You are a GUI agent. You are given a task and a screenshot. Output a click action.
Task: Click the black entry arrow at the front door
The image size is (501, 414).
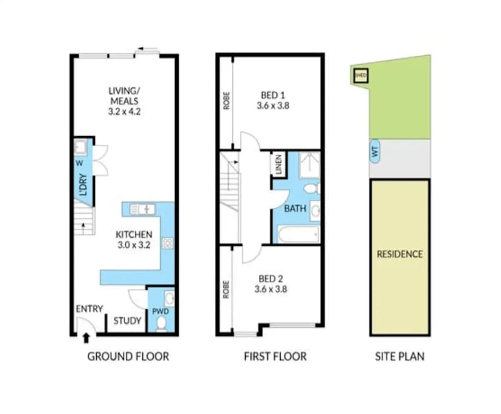(85, 337)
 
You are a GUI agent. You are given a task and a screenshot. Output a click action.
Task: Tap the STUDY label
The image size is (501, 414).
(128, 321)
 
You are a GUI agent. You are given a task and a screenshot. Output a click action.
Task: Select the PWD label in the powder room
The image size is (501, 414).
(160, 311)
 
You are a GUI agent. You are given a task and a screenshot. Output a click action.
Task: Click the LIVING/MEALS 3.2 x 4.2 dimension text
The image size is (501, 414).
(124, 101)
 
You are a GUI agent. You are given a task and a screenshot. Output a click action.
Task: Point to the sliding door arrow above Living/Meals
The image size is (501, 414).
(144, 50)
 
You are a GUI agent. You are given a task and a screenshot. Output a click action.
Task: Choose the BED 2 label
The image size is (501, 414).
(272, 284)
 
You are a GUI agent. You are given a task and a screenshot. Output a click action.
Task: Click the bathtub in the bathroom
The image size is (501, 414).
(298, 234)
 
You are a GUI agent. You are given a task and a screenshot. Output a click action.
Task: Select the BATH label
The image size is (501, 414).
(295, 209)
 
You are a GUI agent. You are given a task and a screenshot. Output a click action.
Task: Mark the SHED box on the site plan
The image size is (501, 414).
(361, 76)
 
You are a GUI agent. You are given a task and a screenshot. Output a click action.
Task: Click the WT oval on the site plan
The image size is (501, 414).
(375, 152)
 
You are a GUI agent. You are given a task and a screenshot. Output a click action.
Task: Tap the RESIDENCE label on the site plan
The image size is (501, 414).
(400, 254)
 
